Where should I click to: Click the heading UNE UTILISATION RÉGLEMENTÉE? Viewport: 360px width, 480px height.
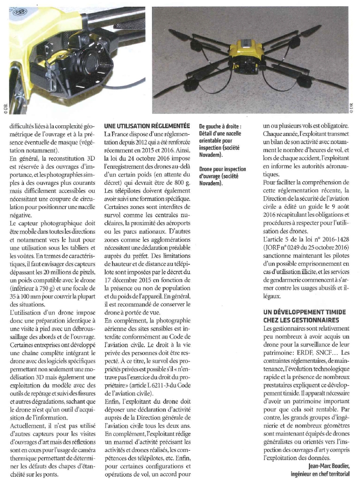pos(146,126)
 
